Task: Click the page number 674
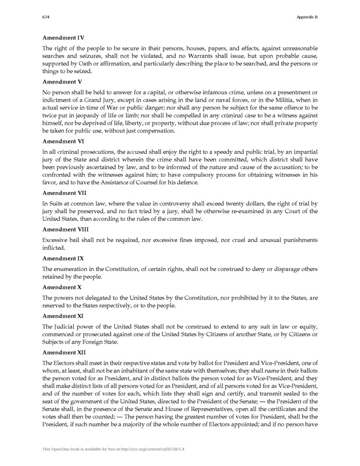click(47, 17)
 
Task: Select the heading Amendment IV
click(63, 38)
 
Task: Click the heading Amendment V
click(62, 82)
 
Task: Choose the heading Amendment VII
click(65, 193)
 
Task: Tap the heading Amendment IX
click(63, 258)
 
